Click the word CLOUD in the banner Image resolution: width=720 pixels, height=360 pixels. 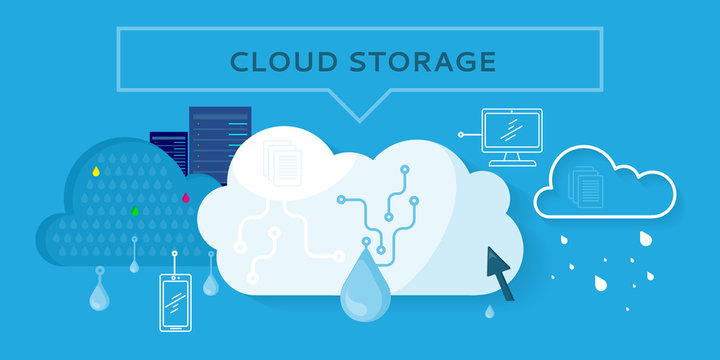270,61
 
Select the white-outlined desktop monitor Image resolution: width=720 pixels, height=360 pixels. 511,131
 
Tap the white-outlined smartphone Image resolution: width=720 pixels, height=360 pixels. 175,301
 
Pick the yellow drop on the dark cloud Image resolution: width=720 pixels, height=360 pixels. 96,171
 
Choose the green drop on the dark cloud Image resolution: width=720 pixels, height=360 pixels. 136,211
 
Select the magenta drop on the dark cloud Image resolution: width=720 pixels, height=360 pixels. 186,198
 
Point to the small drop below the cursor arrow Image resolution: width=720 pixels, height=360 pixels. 489,312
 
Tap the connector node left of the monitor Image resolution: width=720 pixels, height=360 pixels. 461,132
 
